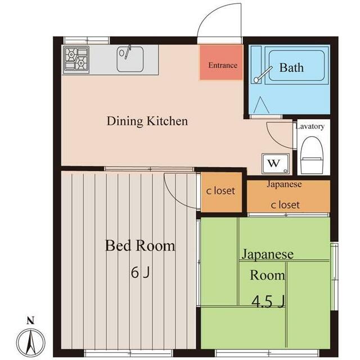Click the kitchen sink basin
tap(130, 59)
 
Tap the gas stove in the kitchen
tap(76, 60)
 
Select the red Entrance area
tap(221, 62)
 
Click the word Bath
tap(291, 67)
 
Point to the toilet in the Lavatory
tap(312, 155)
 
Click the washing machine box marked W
tap(275, 164)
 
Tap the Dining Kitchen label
tap(147, 121)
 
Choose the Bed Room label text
tap(140, 246)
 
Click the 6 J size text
tap(140, 273)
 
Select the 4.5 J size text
tap(268, 301)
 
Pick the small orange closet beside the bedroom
tap(221, 192)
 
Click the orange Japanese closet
tap(288, 196)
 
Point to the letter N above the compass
tap(30, 321)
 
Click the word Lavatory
tap(310, 126)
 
